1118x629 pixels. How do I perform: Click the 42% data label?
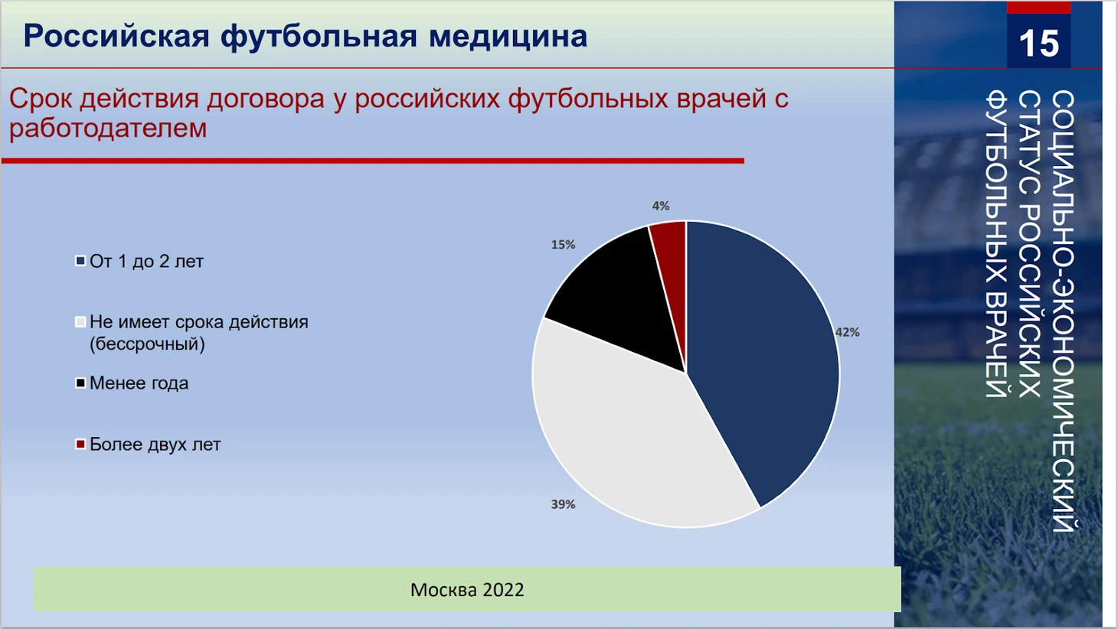(x=848, y=332)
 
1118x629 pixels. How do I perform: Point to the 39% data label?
(x=563, y=504)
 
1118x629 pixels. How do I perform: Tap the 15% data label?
(x=563, y=244)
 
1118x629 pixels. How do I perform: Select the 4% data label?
(x=661, y=206)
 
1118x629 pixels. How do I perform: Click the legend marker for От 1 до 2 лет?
(x=80, y=261)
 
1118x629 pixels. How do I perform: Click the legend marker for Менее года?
(x=80, y=383)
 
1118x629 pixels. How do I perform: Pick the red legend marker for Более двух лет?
(x=80, y=444)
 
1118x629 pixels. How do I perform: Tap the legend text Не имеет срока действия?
(x=199, y=322)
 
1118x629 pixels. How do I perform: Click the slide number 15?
(x=1038, y=43)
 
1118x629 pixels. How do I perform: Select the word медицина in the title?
(x=508, y=37)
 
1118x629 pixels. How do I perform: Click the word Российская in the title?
(x=116, y=37)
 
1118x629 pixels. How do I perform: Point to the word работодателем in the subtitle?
(x=108, y=129)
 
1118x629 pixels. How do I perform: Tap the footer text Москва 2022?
(x=467, y=590)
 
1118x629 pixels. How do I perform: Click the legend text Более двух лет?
(x=155, y=445)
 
